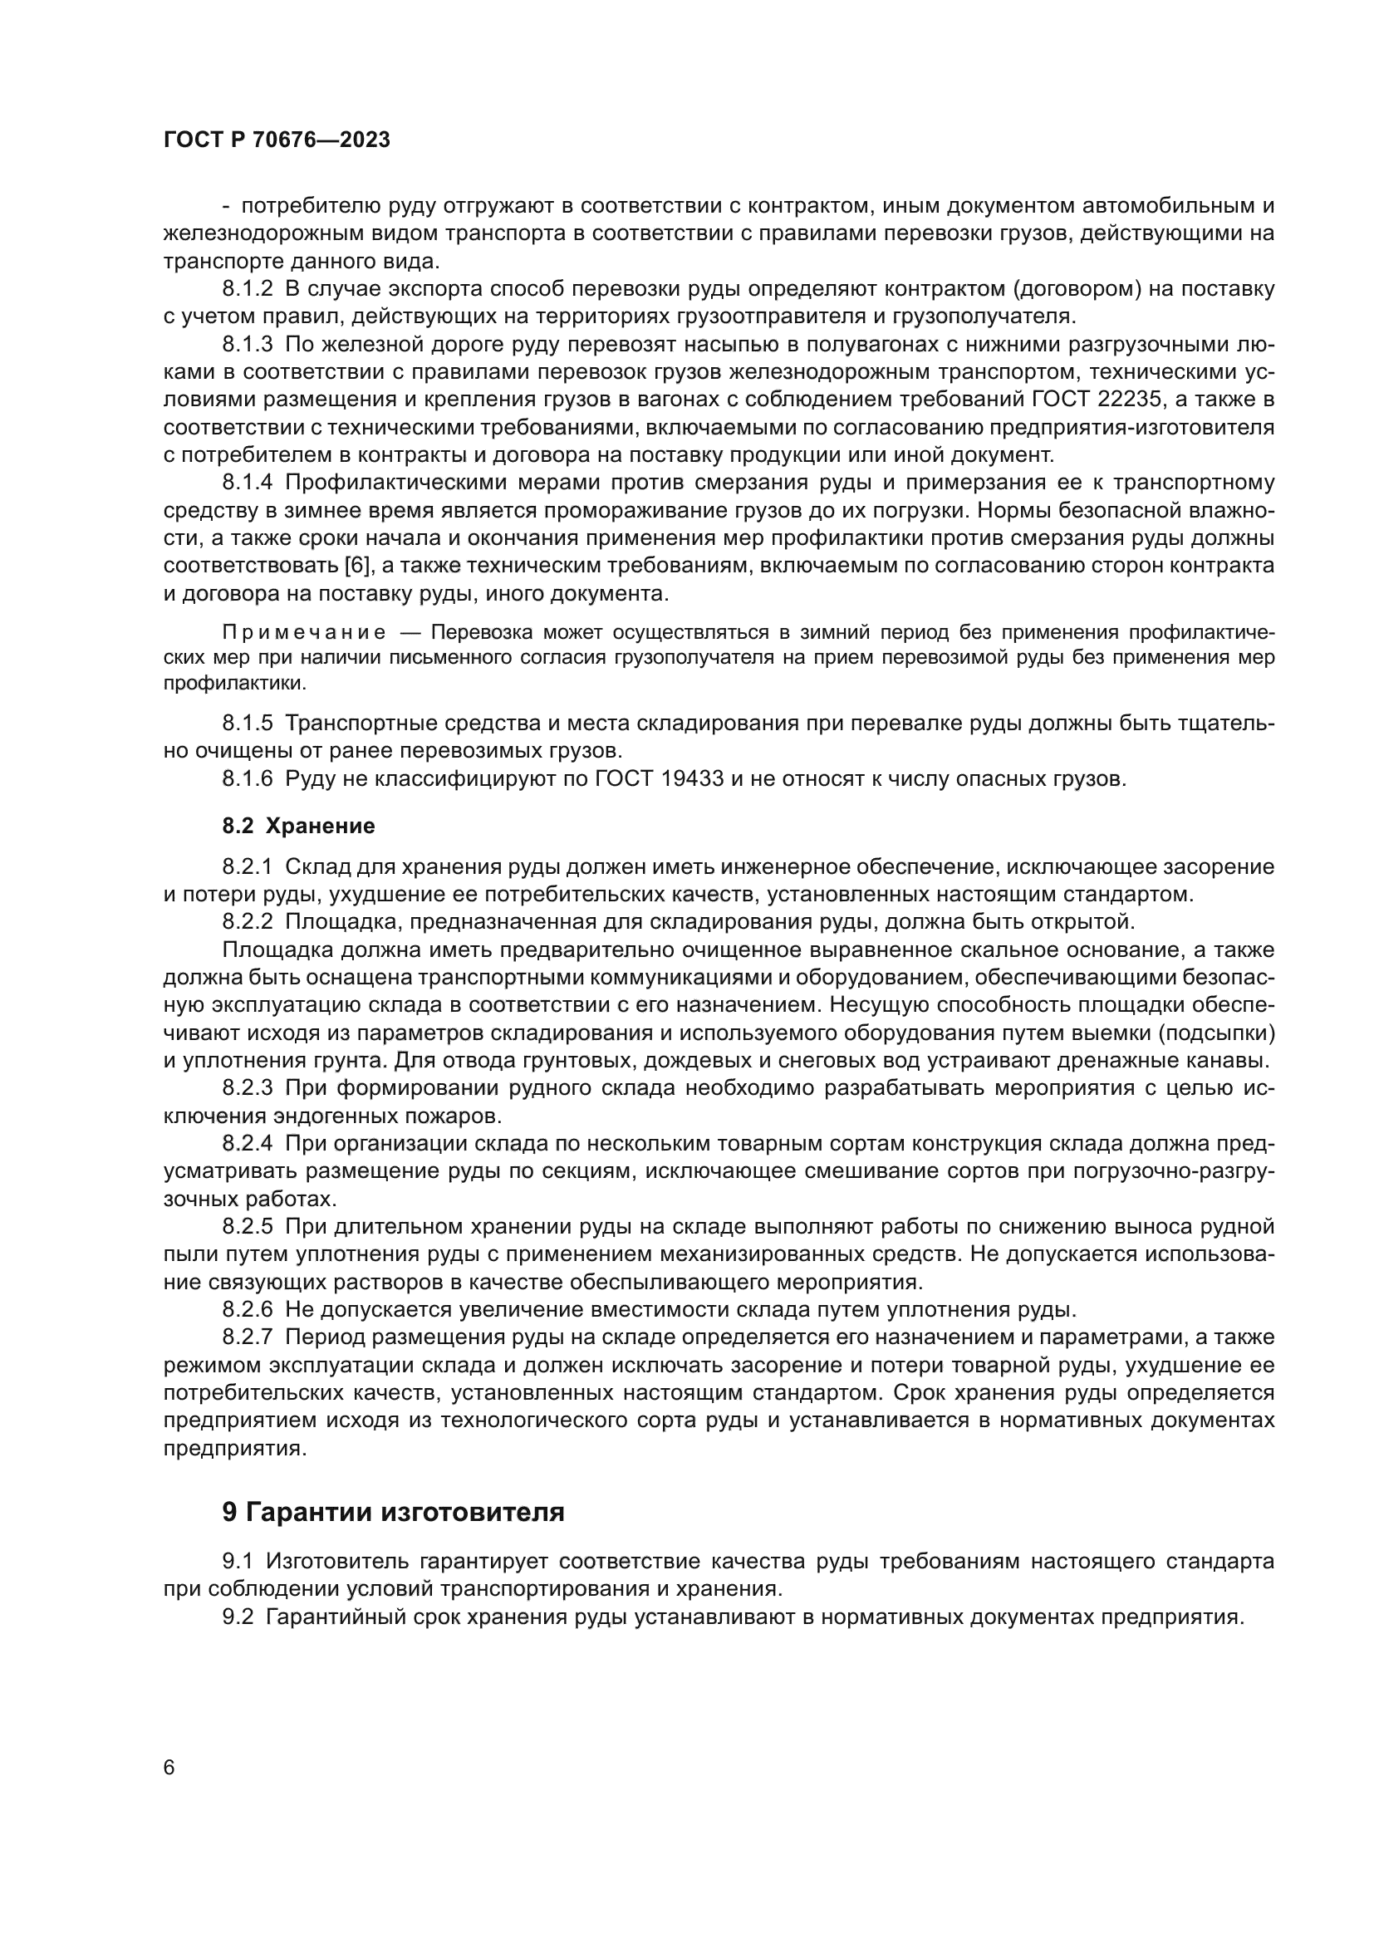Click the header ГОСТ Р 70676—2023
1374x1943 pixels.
coord(277,140)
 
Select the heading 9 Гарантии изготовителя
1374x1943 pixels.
coord(394,1511)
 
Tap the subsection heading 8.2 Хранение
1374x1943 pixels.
coord(299,826)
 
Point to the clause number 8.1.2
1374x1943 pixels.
coord(248,289)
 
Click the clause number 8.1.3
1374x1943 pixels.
coord(248,345)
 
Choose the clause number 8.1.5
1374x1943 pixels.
coord(248,723)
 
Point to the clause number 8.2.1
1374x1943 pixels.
coord(248,866)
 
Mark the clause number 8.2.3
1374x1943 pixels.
coord(248,1087)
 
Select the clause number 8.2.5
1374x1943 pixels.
coord(248,1226)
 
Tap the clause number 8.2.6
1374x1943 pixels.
coord(248,1310)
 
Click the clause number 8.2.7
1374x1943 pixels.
coord(248,1337)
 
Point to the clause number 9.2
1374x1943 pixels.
coord(238,1617)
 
